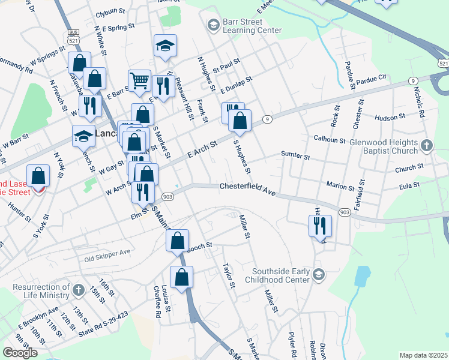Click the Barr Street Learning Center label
coord(252,26)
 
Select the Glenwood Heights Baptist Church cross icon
coord(426,146)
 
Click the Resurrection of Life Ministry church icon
coord(78,291)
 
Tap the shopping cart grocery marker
coord(139,79)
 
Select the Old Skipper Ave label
coord(107,256)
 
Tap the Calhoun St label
coord(330,139)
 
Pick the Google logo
coord(20,353)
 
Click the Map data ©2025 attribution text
coord(423,355)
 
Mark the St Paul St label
coord(226,64)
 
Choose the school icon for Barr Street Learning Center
coord(212,25)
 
